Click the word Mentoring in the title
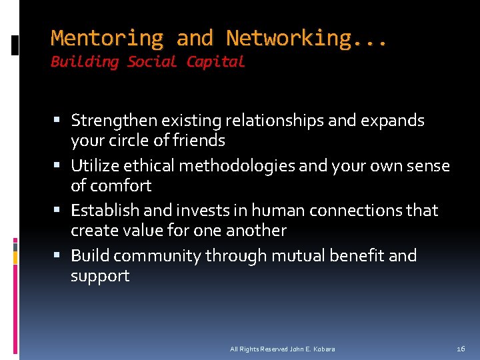click(x=107, y=38)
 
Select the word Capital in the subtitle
click(x=215, y=62)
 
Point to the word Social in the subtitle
click(x=152, y=62)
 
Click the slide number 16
click(x=461, y=349)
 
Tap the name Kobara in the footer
click(x=323, y=349)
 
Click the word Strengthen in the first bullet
click(x=113, y=121)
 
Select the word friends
click(x=201, y=141)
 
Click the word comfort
click(x=121, y=185)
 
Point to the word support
click(x=100, y=276)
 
